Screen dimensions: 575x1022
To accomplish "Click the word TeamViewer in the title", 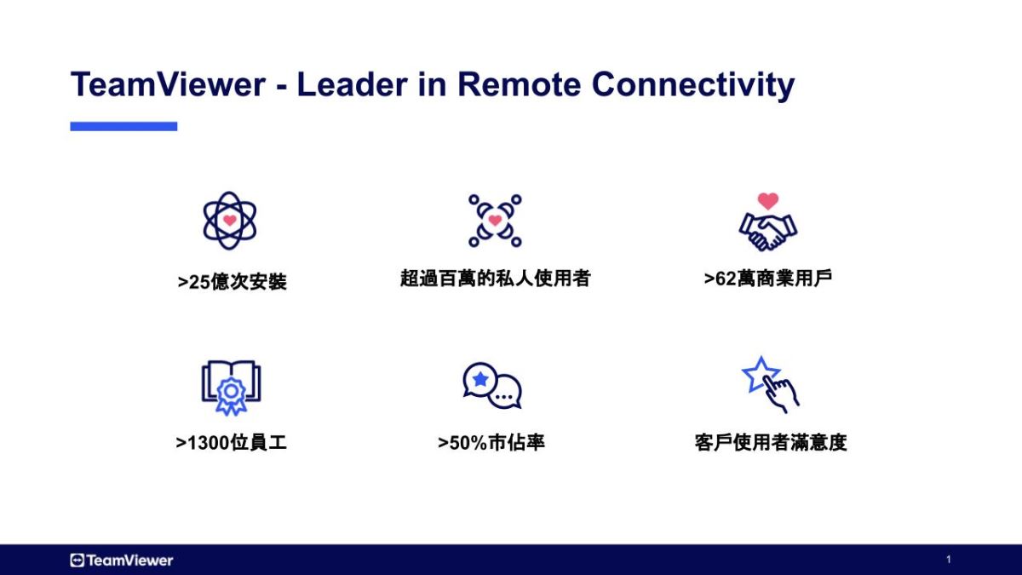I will [x=168, y=85].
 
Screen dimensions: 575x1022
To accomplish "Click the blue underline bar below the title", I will [x=123, y=126].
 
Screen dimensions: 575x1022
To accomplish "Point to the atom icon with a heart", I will [x=229, y=220].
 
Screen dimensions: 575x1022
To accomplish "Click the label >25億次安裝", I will [x=233, y=282].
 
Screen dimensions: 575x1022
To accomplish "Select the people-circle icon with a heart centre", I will [x=495, y=221].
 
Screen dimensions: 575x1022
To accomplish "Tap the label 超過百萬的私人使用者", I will [x=496, y=279].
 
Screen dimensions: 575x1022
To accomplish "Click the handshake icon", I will [x=768, y=229].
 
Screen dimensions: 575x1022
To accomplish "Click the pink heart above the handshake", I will [x=768, y=201].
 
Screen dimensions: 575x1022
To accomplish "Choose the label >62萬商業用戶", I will [x=768, y=279].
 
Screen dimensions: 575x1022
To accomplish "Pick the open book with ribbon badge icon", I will [x=231, y=388].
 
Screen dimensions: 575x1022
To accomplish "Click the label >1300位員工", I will [x=232, y=443].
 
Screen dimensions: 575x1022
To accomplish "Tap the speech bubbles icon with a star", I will [x=492, y=385].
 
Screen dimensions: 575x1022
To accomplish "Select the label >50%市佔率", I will [x=491, y=443].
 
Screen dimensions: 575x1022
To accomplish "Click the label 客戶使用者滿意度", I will [x=771, y=443].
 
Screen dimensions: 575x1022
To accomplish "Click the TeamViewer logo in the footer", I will [x=122, y=560].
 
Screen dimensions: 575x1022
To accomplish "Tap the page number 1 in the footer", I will [x=948, y=560].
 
